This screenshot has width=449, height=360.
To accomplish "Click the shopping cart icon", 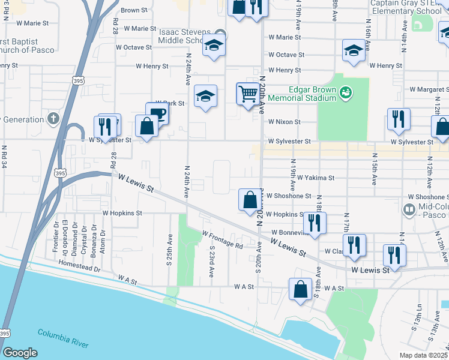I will click(247, 94).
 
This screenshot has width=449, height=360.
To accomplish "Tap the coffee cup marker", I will click(157, 113).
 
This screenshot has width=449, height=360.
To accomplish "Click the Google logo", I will click(20, 353).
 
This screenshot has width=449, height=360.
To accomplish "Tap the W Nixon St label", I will click(284, 122).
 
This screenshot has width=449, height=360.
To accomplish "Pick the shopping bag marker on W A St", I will click(300, 289).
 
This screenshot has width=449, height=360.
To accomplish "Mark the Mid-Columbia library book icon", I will click(409, 210).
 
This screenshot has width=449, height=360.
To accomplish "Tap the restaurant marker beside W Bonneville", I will click(315, 223).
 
